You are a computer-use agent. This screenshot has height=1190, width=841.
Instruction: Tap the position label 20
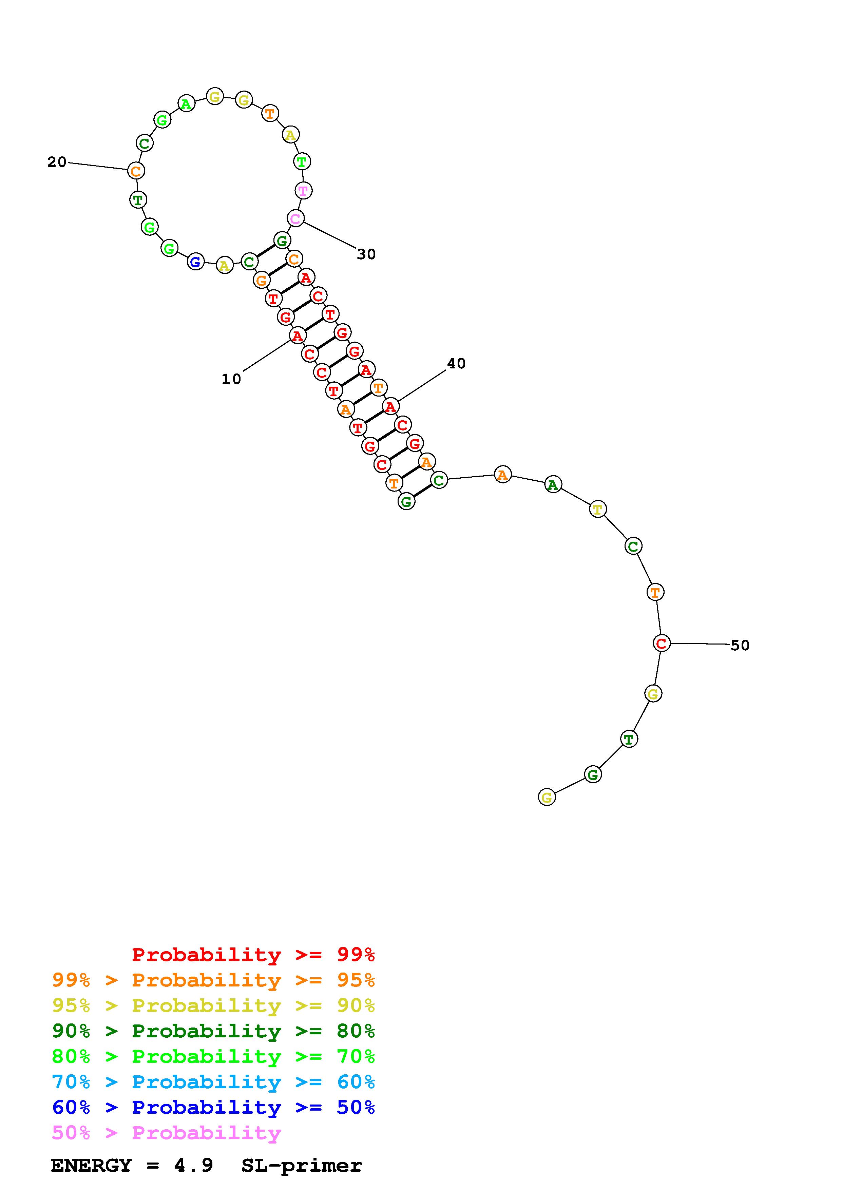(x=57, y=162)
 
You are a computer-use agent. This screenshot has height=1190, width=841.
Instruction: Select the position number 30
(x=366, y=254)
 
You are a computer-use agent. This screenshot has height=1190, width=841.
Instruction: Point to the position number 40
(x=457, y=364)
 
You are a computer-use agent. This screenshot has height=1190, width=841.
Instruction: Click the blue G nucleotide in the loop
(x=195, y=262)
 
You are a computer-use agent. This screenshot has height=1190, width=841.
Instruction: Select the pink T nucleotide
(x=303, y=191)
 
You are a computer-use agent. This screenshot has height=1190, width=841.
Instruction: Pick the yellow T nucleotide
(x=598, y=510)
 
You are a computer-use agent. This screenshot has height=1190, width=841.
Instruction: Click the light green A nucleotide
(x=187, y=104)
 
